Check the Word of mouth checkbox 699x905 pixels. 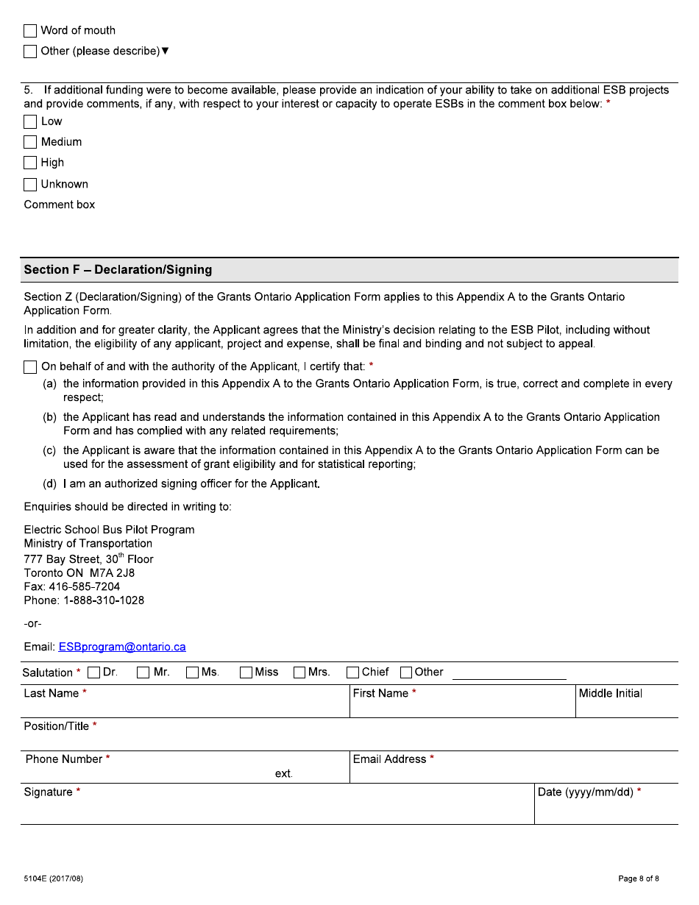click(x=30, y=31)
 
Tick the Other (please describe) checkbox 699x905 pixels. click(x=30, y=52)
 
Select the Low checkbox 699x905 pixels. click(x=30, y=122)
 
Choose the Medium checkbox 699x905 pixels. click(x=30, y=143)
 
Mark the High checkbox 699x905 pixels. click(x=30, y=163)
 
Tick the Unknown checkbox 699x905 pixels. click(x=30, y=185)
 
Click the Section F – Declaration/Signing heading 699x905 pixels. click(x=118, y=270)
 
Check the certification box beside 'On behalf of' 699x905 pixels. click(x=30, y=367)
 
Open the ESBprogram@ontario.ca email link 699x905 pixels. click(x=122, y=647)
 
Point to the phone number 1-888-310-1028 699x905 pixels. click(x=104, y=601)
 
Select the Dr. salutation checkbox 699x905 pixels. click(x=94, y=672)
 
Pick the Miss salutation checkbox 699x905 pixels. click(x=246, y=672)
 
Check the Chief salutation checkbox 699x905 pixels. click(x=353, y=672)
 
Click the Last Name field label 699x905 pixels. click(x=52, y=694)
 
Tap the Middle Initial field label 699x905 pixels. click(x=610, y=694)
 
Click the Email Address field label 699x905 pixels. click(x=389, y=759)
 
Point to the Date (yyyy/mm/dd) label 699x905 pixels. click(x=586, y=792)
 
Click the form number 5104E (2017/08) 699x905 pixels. click(x=54, y=879)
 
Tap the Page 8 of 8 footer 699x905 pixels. click(x=638, y=879)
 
